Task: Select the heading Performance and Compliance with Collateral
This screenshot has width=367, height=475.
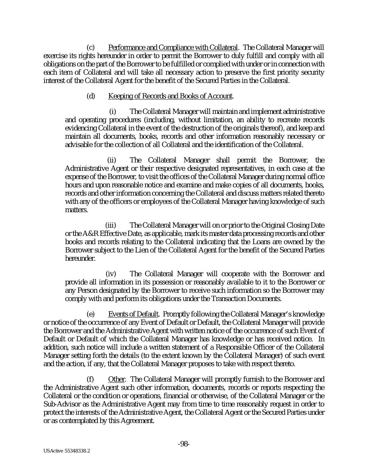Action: pyautogui.click(x=173, y=47)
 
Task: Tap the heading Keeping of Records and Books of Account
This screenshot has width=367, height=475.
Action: pyautogui.click(x=170, y=96)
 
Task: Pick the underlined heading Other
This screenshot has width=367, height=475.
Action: pyautogui.click(x=116, y=379)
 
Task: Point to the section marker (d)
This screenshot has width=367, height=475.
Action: pyautogui.click(x=90, y=96)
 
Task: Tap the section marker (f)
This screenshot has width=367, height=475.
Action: pyautogui.click(x=90, y=379)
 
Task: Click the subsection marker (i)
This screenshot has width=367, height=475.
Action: pyautogui.click(x=113, y=112)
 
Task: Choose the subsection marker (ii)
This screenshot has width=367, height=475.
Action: pyautogui.click(x=111, y=160)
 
